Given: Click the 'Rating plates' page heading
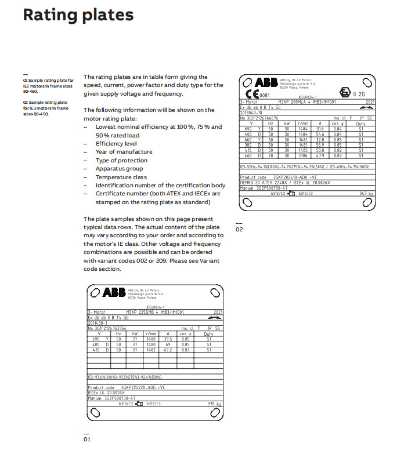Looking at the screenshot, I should [x=78, y=15].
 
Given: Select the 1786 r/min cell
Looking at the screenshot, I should [x=302, y=155].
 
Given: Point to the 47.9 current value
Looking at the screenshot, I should [x=319, y=155].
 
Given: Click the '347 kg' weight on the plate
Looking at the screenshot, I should [x=366, y=193].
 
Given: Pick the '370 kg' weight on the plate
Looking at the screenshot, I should [x=215, y=403].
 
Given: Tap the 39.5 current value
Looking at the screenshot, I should [x=169, y=339].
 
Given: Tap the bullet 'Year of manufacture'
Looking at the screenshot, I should [x=124, y=152].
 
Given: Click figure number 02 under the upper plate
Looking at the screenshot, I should [x=239, y=230].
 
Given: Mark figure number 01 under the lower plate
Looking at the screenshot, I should [x=87, y=440].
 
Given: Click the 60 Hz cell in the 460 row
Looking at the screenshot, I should [x=270, y=155].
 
